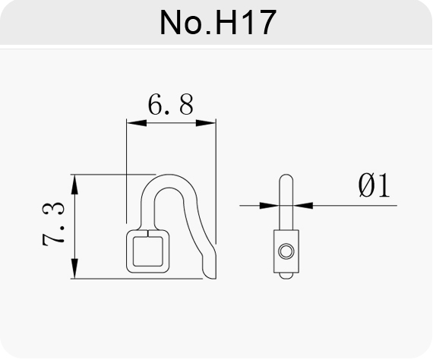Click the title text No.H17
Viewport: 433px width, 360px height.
point(218,22)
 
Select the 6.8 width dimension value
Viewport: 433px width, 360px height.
point(170,104)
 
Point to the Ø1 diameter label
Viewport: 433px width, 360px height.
point(375,185)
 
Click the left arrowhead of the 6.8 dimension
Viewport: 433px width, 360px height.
point(137,122)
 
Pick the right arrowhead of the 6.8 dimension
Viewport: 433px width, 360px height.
point(206,122)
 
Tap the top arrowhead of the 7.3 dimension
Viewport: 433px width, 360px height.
point(74,185)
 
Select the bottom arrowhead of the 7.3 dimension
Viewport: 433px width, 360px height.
point(74,269)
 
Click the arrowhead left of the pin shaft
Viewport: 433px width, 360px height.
point(270,205)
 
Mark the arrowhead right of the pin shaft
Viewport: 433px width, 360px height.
point(303,205)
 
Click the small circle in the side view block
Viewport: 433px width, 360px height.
point(286,251)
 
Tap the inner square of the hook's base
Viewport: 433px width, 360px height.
point(147,251)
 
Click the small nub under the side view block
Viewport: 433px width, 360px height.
point(286,276)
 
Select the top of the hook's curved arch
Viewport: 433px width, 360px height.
point(169,175)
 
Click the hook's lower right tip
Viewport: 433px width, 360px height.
point(214,278)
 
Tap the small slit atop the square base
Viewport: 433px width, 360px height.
point(148,234)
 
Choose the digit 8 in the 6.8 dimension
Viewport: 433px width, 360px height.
point(186,104)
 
